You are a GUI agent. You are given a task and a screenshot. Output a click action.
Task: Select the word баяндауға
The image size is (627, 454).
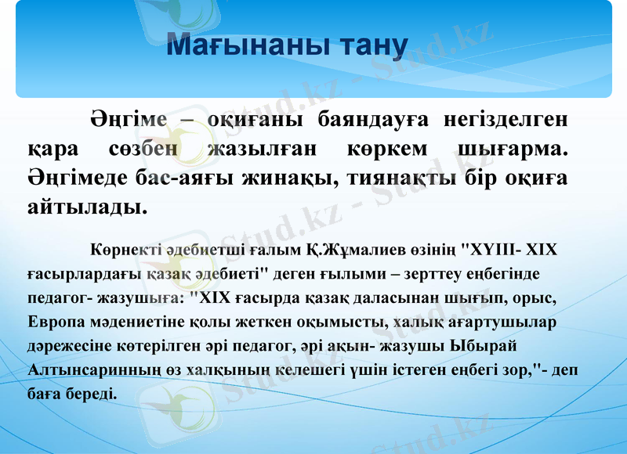pos(374,121)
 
